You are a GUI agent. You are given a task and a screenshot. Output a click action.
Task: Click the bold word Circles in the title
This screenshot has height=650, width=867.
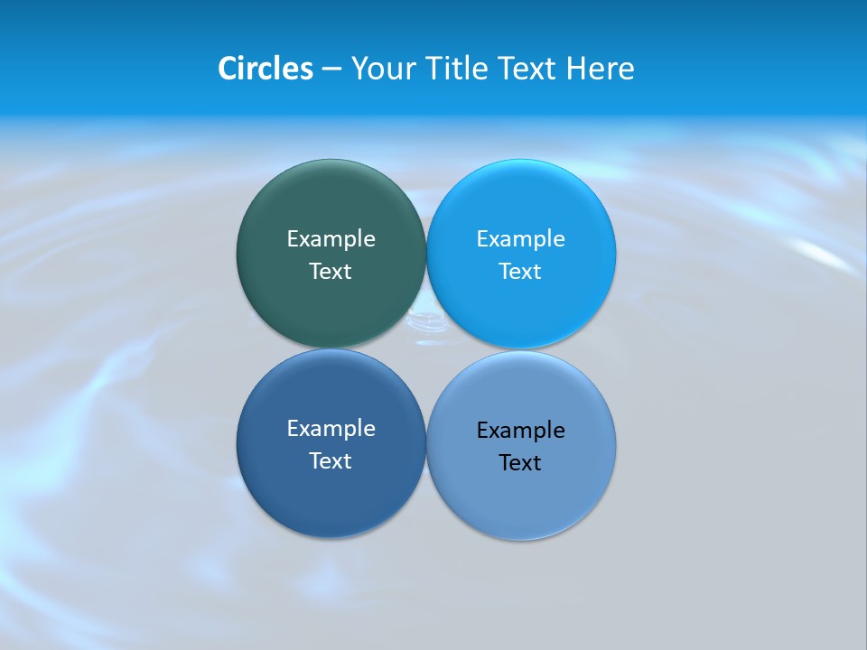(x=266, y=69)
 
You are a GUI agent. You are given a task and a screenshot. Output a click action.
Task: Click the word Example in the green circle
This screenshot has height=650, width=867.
(x=331, y=239)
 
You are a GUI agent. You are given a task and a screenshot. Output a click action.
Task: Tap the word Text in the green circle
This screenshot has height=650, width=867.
(x=331, y=272)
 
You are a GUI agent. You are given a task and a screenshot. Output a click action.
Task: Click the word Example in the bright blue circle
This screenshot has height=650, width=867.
(x=520, y=239)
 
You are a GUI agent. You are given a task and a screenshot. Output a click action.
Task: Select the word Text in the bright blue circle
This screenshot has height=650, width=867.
(x=520, y=272)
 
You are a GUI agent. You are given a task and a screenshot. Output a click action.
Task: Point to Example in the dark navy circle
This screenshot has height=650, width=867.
(x=331, y=429)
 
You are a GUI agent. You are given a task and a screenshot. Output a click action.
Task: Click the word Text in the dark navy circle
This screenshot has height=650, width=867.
(x=331, y=461)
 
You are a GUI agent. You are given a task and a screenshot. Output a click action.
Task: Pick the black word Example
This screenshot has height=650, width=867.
(x=520, y=431)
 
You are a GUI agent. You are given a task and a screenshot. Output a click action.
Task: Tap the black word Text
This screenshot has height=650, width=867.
(x=520, y=463)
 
